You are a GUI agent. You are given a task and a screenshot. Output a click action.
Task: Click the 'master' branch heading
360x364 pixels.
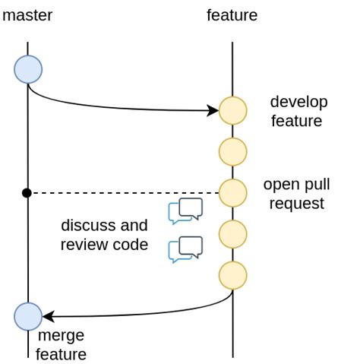click(x=27, y=15)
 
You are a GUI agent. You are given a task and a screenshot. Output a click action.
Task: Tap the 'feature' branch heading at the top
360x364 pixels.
click(x=232, y=15)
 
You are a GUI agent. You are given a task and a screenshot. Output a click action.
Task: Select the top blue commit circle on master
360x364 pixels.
click(x=28, y=69)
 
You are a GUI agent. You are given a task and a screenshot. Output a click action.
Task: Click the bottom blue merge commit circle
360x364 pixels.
click(x=28, y=315)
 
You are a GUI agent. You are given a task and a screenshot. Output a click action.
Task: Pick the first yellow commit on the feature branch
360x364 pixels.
click(x=232, y=110)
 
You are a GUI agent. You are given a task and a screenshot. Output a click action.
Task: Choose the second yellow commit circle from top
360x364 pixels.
click(x=232, y=151)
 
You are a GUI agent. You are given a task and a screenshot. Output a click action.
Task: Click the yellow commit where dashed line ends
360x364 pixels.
click(x=232, y=192)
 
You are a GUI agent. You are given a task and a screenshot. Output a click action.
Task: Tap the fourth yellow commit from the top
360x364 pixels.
click(x=232, y=233)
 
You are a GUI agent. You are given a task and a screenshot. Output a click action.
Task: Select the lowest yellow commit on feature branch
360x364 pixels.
click(x=232, y=274)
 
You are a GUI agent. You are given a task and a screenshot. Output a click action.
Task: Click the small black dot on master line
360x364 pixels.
click(x=27, y=193)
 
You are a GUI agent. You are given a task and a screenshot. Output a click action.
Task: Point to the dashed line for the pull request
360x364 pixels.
click(x=122, y=193)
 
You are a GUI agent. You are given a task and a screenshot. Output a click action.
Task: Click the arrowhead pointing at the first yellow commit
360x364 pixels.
click(x=213, y=111)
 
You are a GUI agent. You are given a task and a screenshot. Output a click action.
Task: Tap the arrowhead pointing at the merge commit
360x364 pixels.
click(x=47, y=315)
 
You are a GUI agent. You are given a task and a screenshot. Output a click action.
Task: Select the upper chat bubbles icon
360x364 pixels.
click(x=186, y=210)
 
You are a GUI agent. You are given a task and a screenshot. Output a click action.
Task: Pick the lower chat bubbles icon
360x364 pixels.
click(x=186, y=249)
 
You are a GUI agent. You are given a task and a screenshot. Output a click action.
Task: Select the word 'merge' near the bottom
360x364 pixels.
click(x=61, y=336)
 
